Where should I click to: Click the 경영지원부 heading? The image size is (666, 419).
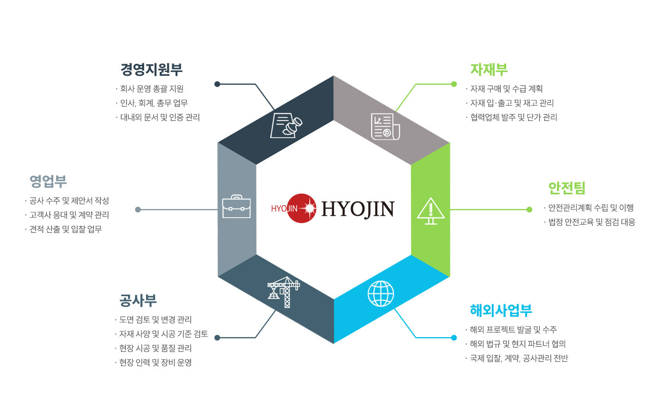(x=151, y=70)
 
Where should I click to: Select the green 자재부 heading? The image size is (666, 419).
(x=489, y=70)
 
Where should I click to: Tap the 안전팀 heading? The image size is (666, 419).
(x=567, y=188)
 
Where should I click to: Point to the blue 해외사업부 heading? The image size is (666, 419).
(x=501, y=310)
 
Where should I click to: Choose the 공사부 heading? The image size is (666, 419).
(x=138, y=300)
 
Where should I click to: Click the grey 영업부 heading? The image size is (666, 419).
(x=48, y=181)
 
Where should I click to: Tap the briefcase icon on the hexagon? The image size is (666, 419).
(x=236, y=206)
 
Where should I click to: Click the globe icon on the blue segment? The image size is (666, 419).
(x=381, y=293)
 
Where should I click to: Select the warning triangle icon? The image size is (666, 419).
(x=431, y=211)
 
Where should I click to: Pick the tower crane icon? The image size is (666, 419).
(x=284, y=292)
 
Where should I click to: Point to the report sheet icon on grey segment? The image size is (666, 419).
(x=385, y=127)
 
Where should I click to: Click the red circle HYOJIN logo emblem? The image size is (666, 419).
(x=302, y=209)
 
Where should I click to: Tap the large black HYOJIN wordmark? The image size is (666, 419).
(x=358, y=209)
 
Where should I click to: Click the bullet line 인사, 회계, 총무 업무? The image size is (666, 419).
(x=152, y=103)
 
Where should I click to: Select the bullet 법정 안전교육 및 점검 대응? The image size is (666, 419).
(x=589, y=222)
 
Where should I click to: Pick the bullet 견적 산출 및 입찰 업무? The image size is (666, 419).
(x=64, y=229)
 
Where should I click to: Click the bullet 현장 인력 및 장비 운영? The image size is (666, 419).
(x=153, y=362)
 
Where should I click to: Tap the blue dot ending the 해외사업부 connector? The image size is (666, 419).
(x=454, y=338)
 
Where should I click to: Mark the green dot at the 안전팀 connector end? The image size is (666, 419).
(x=529, y=210)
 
